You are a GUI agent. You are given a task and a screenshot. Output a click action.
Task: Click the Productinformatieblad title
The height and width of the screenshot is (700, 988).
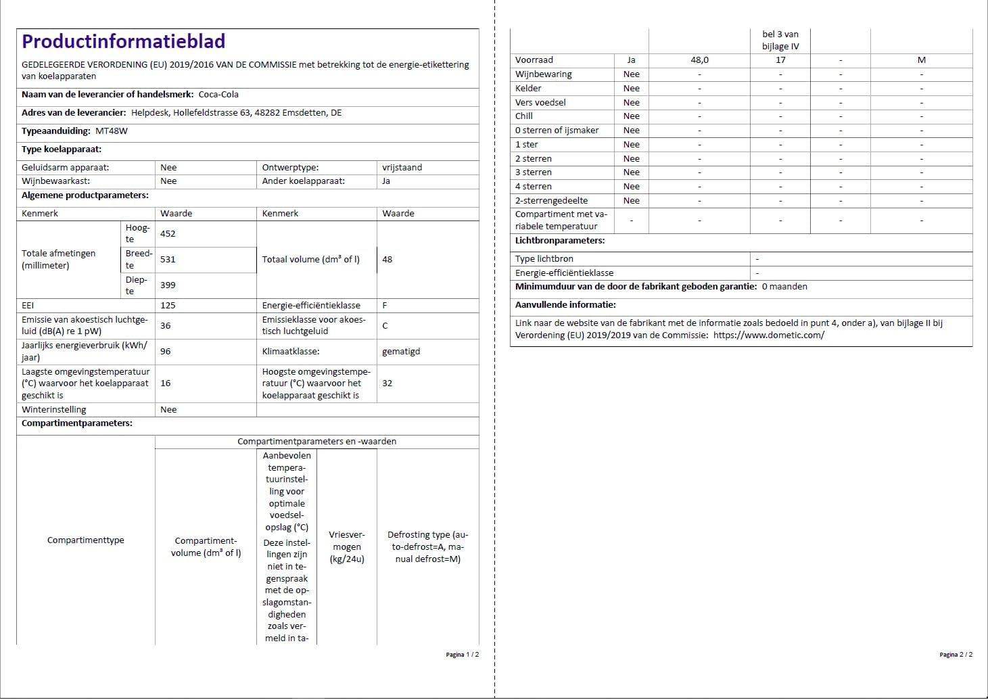[x=123, y=42]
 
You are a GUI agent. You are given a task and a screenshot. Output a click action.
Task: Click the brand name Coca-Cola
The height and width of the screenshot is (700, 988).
[x=218, y=95]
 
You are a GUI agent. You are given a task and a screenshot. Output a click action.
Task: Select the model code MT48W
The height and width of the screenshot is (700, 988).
[x=112, y=131]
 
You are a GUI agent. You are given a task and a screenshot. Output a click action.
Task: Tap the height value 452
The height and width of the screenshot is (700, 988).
[x=168, y=234]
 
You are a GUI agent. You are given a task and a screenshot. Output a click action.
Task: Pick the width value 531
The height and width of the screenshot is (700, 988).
[x=168, y=260]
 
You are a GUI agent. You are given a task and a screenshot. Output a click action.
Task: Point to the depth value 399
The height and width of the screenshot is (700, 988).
[x=168, y=285]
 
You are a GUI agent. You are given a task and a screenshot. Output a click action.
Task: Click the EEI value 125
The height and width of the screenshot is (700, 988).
[x=168, y=306]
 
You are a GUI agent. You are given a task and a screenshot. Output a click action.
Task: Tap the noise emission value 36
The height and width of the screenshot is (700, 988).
[x=166, y=326]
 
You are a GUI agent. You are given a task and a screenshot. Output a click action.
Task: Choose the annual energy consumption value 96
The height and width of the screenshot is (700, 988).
[x=166, y=352]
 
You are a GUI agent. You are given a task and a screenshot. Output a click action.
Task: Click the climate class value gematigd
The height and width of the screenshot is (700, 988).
[x=401, y=352]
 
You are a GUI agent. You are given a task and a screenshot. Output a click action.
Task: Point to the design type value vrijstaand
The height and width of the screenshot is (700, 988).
[x=402, y=168]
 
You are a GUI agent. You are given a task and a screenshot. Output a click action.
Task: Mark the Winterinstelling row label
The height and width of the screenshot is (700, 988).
[x=54, y=410]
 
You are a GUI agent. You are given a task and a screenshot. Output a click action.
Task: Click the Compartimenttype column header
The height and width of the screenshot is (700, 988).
[x=86, y=540]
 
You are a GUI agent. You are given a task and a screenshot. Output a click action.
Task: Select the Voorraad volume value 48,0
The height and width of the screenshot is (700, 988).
[x=700, y=60]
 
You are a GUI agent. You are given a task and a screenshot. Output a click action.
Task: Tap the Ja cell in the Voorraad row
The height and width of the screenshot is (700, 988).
[x=631, y=60]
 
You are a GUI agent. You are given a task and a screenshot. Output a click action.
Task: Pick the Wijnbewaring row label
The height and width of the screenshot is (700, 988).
[x=544, y=74]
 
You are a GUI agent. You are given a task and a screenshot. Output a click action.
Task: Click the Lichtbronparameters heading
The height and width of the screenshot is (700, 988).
[x=560, y=241]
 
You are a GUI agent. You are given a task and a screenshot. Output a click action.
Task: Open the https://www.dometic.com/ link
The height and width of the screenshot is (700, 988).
[x=769, y=335]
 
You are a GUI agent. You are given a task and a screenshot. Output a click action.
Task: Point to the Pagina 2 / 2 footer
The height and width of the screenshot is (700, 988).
[x=956, y=655]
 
